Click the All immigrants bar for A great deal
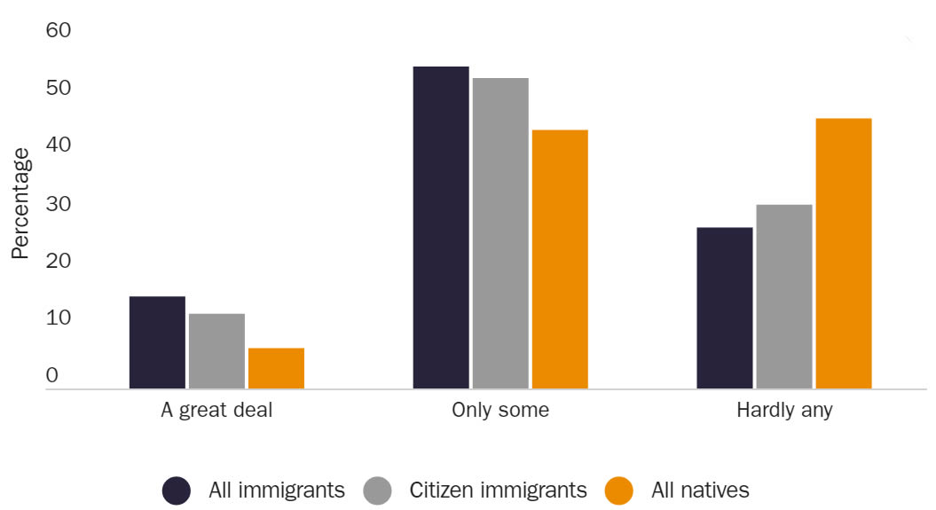[157, 342]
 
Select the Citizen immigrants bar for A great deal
[216, 351]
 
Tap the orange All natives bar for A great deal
[276, 368]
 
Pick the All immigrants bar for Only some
[441, 227]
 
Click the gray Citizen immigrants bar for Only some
[500, 233]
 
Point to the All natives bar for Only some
[560, 259]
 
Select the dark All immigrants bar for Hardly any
[725, 308]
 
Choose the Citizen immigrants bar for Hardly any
[784, 296]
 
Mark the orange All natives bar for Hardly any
[844, 253]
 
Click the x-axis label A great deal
[216, 411]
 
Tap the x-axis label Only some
[500, 411]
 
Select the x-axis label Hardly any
[784, 411]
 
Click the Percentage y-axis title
[20, 203]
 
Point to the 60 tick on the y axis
[58, 31]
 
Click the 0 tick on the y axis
[51, 376]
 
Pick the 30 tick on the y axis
[58, 204]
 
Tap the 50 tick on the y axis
[58, 89]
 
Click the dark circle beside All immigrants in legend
[177, 490]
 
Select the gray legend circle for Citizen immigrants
[377, 490]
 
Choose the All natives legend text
[701, 490]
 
